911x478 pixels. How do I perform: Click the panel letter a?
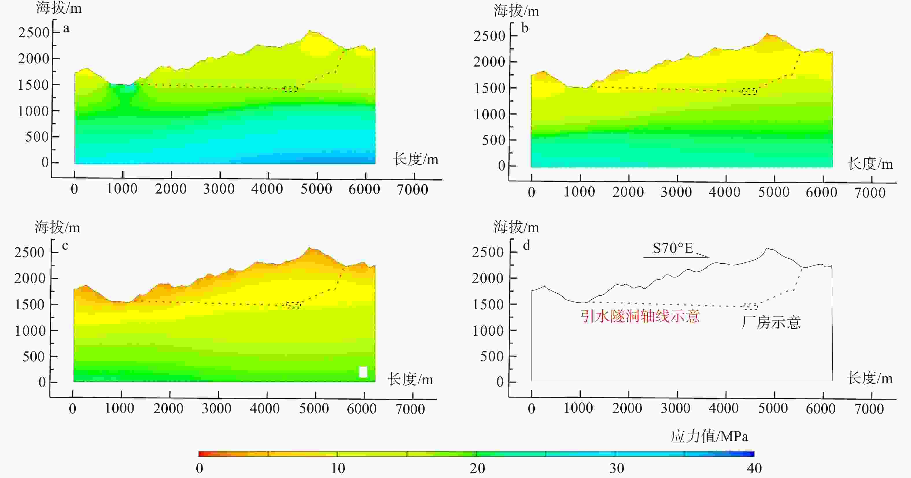click(66, 29)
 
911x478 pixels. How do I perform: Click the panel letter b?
click(525, 28)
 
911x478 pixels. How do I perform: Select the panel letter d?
click(526, 245)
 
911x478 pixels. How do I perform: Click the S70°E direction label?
click(673, 248)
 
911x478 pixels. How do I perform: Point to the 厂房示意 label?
click(771, 322)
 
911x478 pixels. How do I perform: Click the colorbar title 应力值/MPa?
click(709, 436)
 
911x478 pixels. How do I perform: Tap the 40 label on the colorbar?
click(754, 468)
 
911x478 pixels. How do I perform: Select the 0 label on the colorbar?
click(200, 468)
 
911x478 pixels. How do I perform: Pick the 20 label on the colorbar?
click(477, 468)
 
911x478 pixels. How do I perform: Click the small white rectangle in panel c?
click(363, 372)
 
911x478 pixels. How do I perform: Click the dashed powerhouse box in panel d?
click(750, 307)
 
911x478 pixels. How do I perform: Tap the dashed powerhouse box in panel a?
click(290, 89)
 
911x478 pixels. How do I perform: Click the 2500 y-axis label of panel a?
click(34, 32)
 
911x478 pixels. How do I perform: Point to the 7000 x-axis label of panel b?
click(870, 193)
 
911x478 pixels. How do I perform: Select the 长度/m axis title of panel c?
click(410, 379)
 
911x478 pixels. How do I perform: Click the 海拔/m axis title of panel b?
click(516, 11)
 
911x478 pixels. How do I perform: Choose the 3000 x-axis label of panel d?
click(676, 408)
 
